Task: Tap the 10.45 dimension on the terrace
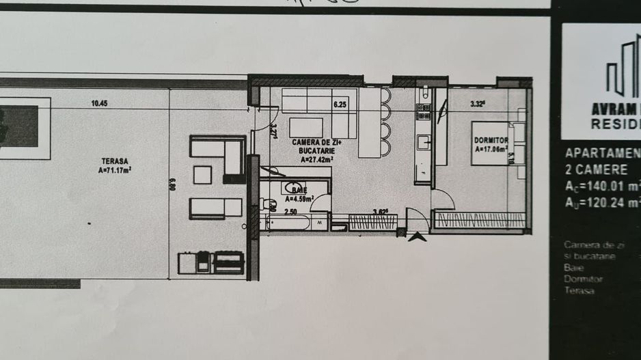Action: [100, 104]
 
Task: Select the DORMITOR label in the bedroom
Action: [490, 140]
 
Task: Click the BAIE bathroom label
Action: [299, 189]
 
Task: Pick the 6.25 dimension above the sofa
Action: [340, 105]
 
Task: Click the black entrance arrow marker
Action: [415, 237]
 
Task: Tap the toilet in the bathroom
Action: [269, 202]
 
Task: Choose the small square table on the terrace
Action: [202, 175]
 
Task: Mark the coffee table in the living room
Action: [306, 128]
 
